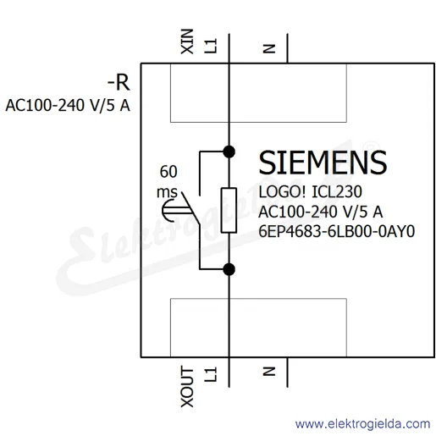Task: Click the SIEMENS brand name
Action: pos(323,163)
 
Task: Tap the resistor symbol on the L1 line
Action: pos(229,210)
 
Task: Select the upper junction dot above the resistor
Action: pos(229,152)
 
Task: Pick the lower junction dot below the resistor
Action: pos(229,269)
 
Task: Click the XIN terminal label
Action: pos(187,41)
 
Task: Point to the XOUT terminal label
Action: pos(187,387)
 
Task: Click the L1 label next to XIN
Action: pos(211,46)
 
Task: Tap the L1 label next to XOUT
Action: pos(211,374)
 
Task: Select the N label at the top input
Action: pos(269,48)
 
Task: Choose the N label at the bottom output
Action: pos(269,371)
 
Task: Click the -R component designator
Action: pos(119,83)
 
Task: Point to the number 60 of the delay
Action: pos(168,172)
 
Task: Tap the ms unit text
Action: pos(167,192)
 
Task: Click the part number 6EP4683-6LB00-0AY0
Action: pos(337,231)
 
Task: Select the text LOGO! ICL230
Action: pos(310,192)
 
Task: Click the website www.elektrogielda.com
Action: pos(362,424)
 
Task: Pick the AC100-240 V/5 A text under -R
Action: pos(68,106)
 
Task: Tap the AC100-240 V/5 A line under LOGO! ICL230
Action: pos(320,212)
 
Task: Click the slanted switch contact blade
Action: pos(190,208)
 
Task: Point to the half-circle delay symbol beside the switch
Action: pos(167,211)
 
